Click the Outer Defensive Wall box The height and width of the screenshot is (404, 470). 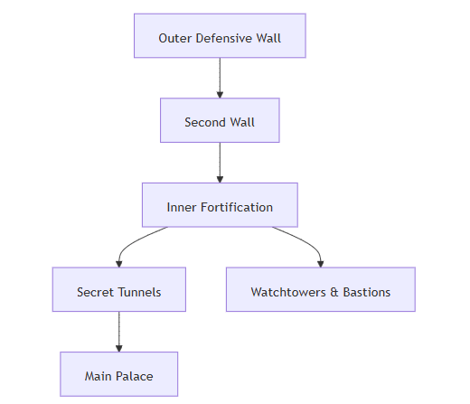(x=220, y=35)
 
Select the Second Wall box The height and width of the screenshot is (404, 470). (x=220, y=120)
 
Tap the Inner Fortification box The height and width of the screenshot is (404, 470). (x=220, y=205)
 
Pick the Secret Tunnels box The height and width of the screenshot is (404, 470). (x=119, y=289)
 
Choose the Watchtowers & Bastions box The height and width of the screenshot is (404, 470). (x=321, y=289)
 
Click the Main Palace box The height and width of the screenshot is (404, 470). (x=119, y=374)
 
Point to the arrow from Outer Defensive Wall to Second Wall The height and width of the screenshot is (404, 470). (x=220, y=78)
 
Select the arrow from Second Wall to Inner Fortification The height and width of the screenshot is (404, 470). (x=220, y=163)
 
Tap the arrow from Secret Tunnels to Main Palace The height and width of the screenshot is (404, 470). (x=119, y=332)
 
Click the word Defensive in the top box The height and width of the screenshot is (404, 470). (x=224, y=38)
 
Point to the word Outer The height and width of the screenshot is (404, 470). (x=175, y=38)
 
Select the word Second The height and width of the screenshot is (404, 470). (x=205, y=122)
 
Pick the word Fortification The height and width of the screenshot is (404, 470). (x=237, y=207)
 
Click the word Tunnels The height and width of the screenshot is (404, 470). (x=139, y=292)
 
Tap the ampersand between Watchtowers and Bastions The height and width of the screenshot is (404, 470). (x=334, y=292)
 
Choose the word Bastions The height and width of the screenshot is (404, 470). (x=367, y=292)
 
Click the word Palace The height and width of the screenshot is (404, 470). (x=135, y=376)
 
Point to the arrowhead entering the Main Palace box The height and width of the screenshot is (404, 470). (x=119, y=349)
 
